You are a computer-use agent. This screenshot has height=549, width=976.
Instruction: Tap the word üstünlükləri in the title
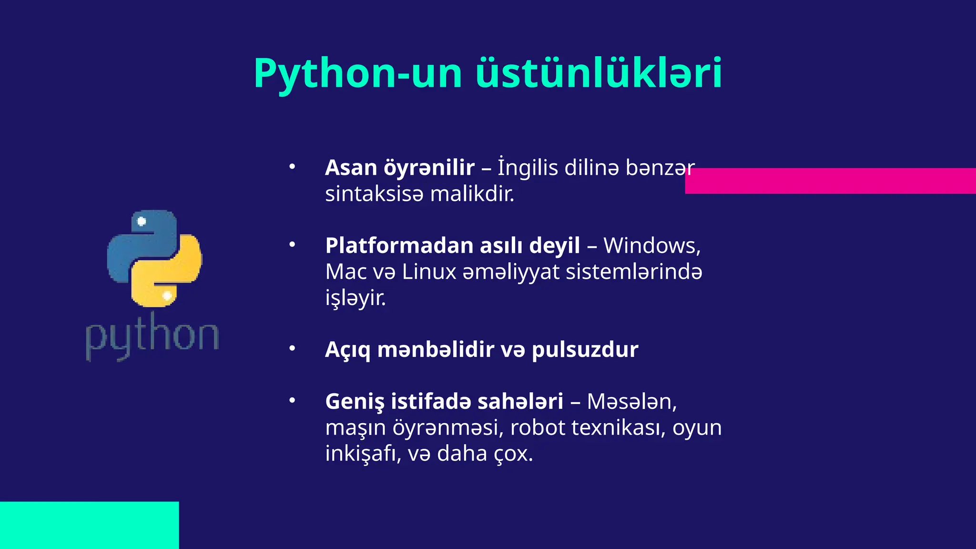click(x=599, y=74)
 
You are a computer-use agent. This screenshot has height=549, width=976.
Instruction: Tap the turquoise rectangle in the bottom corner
click(x=89, y=525)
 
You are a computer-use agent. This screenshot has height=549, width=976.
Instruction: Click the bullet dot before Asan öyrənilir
click(x=292, y=167)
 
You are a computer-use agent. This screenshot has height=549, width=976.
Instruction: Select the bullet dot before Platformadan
click(x=292, y=245)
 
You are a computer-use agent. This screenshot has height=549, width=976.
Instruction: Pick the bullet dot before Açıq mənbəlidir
click(x=292, y=349)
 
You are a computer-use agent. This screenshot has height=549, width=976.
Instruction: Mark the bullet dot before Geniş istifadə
click(x=292, y=401)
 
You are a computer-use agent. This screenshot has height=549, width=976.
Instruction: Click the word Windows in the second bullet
click(x=651, y=246)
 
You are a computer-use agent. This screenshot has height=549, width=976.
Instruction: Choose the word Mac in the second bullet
click(x=346, y=272)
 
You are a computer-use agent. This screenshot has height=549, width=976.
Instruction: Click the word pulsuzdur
click(x=585, y=350)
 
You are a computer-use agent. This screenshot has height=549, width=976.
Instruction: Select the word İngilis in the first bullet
click(x=528, y=168)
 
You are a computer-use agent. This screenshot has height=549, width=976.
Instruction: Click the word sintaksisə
click(x=374, y=194)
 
